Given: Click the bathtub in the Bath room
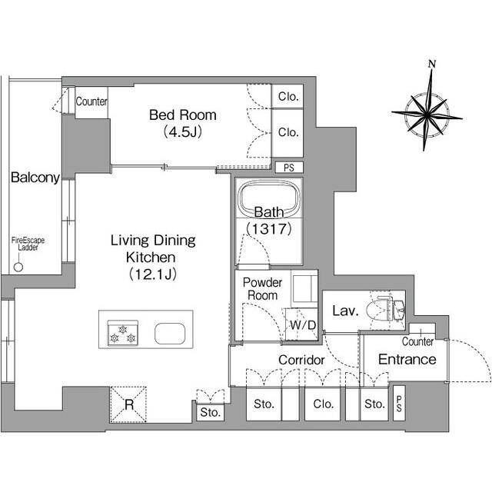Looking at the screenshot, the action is pos(269,198).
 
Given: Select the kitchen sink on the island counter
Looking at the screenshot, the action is pos(170,334).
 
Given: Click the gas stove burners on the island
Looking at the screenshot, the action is pos(123,333).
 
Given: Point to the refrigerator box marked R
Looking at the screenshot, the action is pos(128,405).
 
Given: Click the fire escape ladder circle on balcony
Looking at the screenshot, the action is pos(18,267).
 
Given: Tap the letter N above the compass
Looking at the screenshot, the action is pos(432,64).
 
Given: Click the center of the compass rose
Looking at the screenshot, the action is pos(427,115).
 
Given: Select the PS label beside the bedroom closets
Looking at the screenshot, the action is pos(289,168).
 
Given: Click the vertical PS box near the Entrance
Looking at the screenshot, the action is pos(399,403).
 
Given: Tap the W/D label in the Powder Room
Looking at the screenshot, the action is pos(302,325).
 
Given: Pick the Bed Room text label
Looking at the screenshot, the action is pos(183,115).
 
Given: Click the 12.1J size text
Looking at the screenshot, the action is pos(152,274).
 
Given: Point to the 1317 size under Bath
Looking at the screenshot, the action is pos(269,229).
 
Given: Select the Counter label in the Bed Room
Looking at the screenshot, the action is pos(91,101).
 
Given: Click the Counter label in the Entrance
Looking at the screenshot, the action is pos(417,341).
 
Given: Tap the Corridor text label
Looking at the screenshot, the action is pos(301,360).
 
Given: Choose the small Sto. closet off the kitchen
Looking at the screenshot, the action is pos(210,412).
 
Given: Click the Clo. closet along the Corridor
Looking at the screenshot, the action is pos(323,404).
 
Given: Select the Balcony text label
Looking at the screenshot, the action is pos(35,178).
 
